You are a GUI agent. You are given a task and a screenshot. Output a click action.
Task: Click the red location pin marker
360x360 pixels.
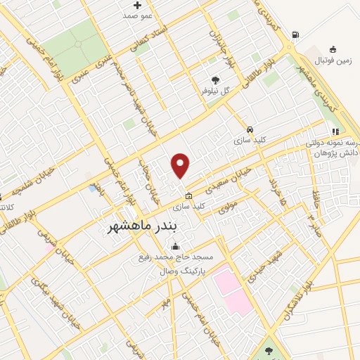(181, 165)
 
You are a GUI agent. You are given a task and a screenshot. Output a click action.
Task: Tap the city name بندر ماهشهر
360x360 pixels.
(152, 227)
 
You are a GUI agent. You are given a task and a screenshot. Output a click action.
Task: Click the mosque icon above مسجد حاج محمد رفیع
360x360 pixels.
(175, 246)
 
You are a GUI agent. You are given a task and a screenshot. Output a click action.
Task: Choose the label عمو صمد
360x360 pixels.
(137, 15)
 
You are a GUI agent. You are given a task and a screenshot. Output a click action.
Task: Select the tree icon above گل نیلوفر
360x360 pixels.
(215, 79)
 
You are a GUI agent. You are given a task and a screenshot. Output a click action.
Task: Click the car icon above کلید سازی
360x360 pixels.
(250, 130)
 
